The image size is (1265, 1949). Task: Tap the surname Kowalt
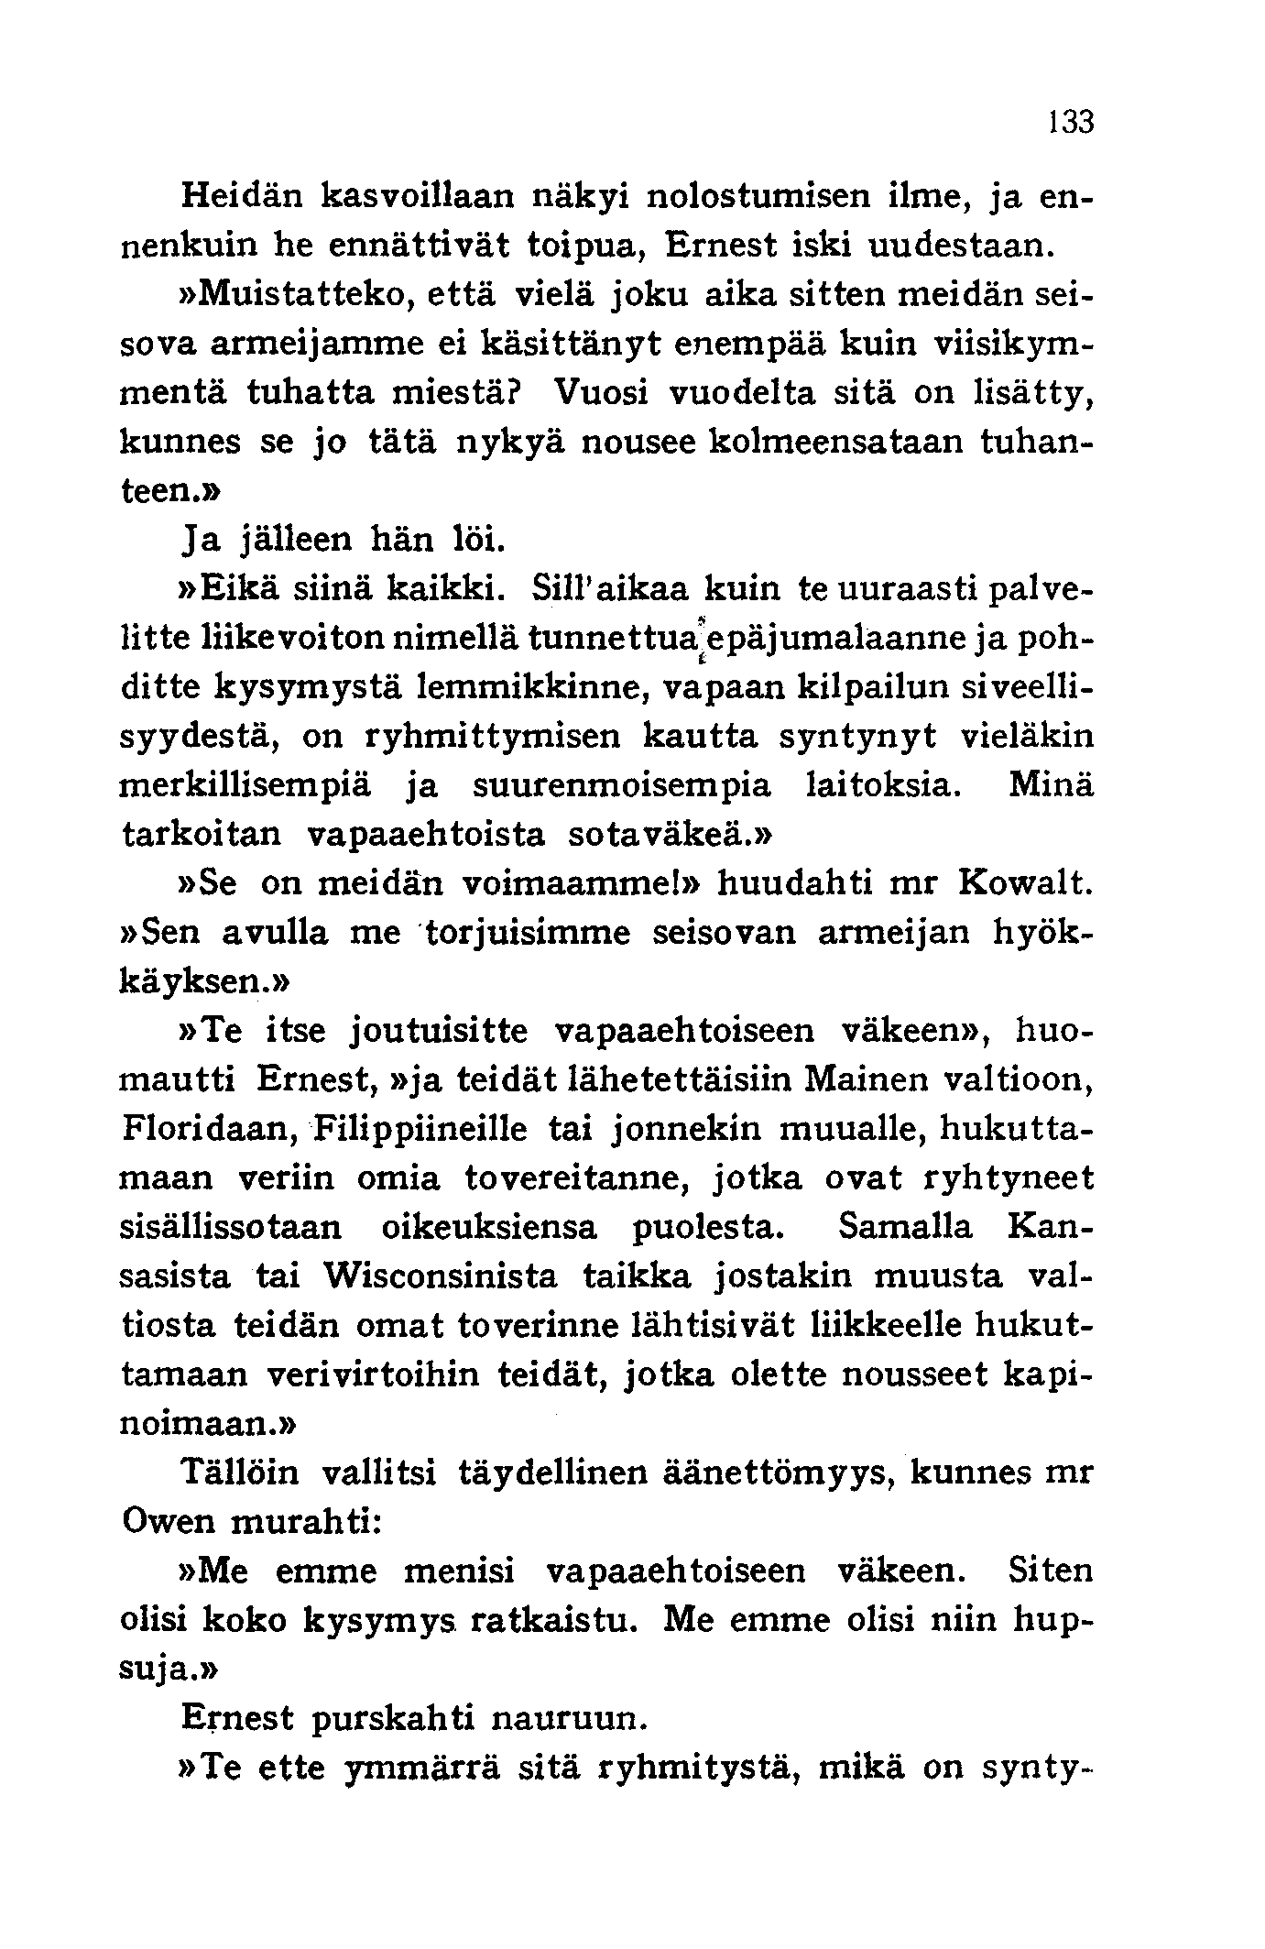tap(1025, 883)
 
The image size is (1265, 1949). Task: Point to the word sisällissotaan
tap(231, 1228)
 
